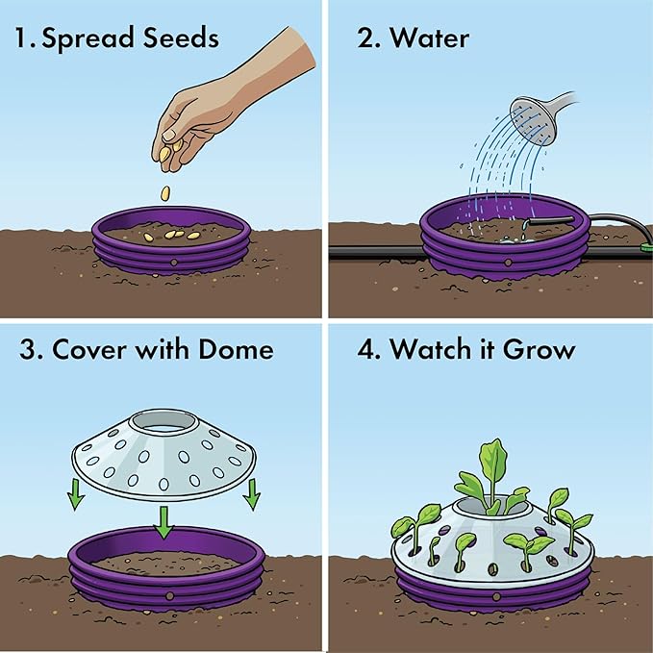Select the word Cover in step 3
click(88, 348)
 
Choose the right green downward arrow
click(253, 496)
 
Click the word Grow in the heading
click(539, 348)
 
